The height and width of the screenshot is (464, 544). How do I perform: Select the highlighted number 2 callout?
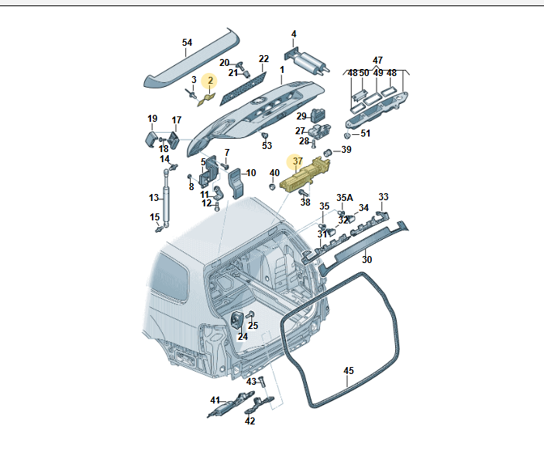pos(208,80)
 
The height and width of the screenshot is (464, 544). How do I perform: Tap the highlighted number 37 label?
pos(298,161)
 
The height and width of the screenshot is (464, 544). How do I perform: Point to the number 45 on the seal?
pos(349,371)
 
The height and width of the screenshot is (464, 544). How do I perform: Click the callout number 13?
pos(154,198)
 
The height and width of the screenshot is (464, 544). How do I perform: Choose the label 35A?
pos(344,198)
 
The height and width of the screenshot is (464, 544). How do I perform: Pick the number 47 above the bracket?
pos(377,60)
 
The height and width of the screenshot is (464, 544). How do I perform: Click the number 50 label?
pos(365,74)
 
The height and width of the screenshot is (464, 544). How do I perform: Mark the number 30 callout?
pos(367,259)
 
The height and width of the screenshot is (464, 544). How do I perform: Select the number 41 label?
pos(215,400)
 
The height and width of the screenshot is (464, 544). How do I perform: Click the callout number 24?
pos(243,337)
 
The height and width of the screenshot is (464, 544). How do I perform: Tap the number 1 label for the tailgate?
pos(282,70)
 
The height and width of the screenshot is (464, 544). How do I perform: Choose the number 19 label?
pos(153,119)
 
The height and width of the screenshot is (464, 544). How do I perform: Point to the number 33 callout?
pos(383,197)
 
